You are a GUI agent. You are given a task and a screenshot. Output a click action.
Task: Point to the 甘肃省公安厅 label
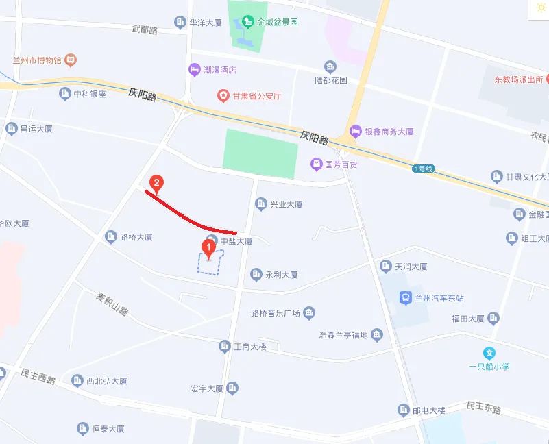[256, 96]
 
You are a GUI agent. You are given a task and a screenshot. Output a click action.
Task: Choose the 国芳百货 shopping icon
[316, 164]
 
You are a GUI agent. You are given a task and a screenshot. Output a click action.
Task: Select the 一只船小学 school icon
[489, 354]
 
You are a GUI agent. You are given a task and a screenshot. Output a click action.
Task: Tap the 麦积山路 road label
[112, 304]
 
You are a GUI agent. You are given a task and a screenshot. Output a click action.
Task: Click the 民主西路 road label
[38, 377]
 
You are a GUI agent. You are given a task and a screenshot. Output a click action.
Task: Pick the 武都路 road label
[145, 29]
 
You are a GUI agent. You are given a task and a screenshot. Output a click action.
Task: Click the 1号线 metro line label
[423, 169]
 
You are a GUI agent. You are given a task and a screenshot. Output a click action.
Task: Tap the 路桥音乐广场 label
[276, 313]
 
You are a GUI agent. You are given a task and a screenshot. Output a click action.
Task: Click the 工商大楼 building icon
[224, 347]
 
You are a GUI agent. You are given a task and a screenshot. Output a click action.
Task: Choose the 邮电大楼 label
[429, 410]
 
